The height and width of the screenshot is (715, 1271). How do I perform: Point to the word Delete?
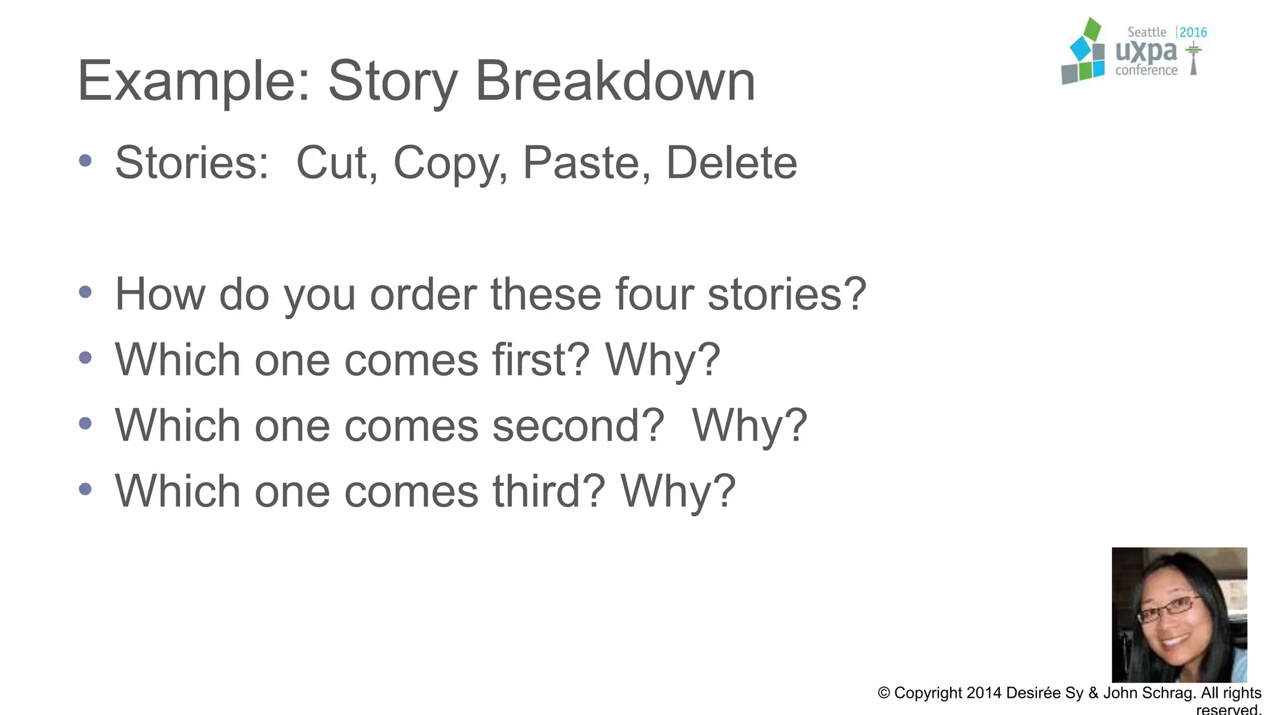pyautogui.click(x=731, y=163)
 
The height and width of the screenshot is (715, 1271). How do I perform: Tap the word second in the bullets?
pyautogui.click(x=578, y=426)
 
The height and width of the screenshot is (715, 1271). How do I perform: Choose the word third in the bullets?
pyautogui.click(x=549, y=491)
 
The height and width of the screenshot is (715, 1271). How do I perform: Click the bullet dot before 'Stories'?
pyautogui.click(x=86, y=161)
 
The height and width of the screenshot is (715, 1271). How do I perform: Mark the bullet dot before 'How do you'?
pyautogui.click(x=86, y=292)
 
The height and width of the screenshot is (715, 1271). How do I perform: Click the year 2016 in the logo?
pyautogui.click(x=1193, y=32)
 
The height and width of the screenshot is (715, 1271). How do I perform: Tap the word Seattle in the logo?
pyautogui.click(x=1146, y=32)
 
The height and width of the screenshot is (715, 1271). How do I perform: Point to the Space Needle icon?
pyautogui.click(x=1193, y=58)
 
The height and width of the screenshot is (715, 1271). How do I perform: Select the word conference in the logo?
pyautogui.click(x=1146, y=71)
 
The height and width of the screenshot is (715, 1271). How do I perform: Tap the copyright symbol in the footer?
pyautogui.click(x=884, y=693)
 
